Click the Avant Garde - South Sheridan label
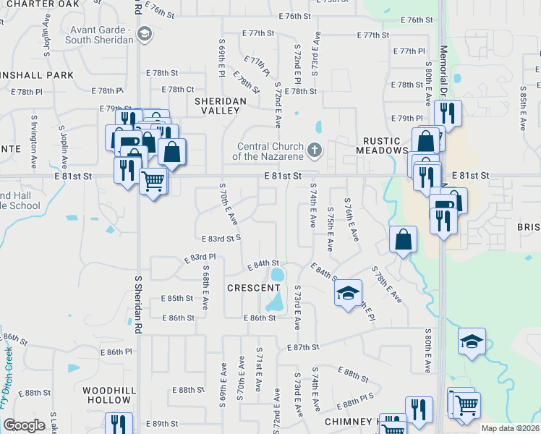pyautogui.click(x=101, y=34)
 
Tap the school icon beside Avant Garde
pyautogui.click(x=144, y=33)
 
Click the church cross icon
pyautogui.click(x=314, y=150)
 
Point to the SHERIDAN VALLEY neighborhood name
pyautogui.click(x=216, y=106)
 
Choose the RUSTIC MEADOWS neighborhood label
pyautogui.click(x=383, y=150)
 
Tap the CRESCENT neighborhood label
pyautogui.click(x=249, y=287)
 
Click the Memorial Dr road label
pyautogui.click(x=443, y=72)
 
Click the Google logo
pyautogui.click(x=24, y=425)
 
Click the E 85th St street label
pyautogui.click(x=177, y=298)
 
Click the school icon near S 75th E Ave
pyautogui.click(x=348, y=292)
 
